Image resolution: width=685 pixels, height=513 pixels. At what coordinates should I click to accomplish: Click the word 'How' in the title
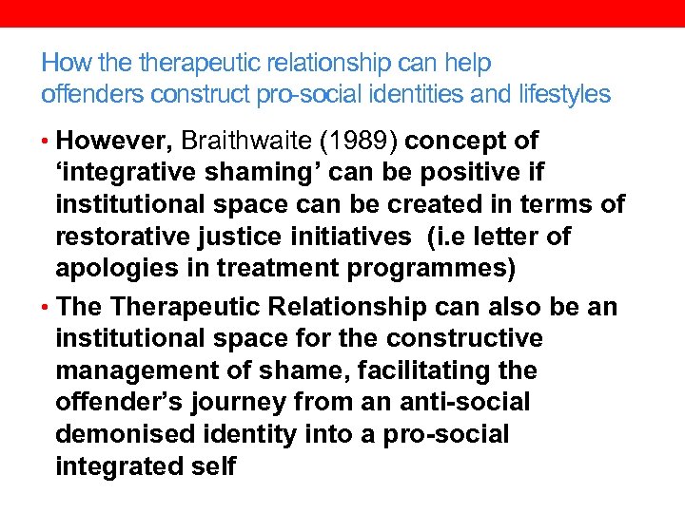coord(61,65)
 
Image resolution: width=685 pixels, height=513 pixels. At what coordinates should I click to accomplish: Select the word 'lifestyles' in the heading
coord(565,94)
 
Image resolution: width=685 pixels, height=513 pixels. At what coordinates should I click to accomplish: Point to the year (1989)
coord(361,141)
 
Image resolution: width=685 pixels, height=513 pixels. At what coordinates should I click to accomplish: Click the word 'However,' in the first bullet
coord(114,141)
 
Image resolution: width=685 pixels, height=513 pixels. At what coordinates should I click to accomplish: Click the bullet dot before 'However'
coord(46,142)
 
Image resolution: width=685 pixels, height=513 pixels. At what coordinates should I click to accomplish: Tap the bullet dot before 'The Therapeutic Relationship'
coord(46,308)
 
